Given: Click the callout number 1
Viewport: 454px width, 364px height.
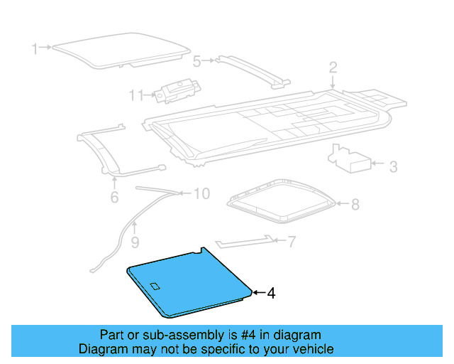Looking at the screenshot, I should (x=34, y=48).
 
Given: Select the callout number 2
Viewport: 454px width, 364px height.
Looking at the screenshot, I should (x=333, y=68).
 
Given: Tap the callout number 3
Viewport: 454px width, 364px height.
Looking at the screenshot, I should (x=393, y=167).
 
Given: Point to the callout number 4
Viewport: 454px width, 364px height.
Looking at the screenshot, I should (x=270, y=293).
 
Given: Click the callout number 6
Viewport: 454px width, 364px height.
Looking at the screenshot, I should (x=114, y=197).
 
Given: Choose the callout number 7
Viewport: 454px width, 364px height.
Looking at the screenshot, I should (x=291, y=242).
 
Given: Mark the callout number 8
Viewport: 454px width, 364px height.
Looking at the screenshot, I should (x=355, y=205).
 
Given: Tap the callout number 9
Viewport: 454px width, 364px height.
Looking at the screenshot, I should (x=135, y=243).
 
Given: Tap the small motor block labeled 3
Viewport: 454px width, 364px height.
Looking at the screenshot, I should (x=352, y=161).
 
